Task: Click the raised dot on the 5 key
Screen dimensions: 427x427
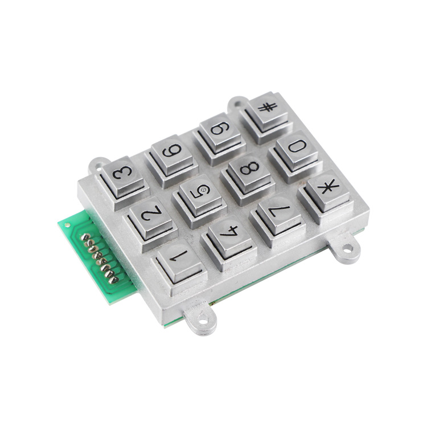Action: (202, 189)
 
